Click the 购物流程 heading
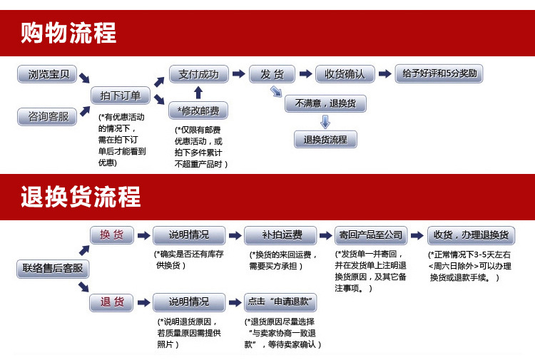pyautogui.click(x=68, y=33)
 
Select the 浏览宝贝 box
pyautogui.click(x=48, y=74)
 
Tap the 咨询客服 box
pyautogui.click(x=48, y=116)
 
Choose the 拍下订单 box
pyautogui.click(x=121, y=96)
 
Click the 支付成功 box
pyautogui.click(x=198, y=74)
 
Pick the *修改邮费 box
pyautogui.click(x=198, y=110)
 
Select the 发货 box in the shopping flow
pyautogui.click(x=272, y=74)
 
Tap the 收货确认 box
pyautogui.click(x=345, y=74)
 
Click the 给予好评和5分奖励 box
pyautogui.click(x=439, y=74)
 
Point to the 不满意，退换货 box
pyautogui.click(x=325, y=104)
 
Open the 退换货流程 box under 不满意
pyautogui.click(x=325, y=140)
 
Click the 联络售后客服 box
pyautogui.click(x=53, y=269)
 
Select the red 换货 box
pyautogui.click(x=111, y=235)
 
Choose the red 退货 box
pyautogui.click(x=111, y=302)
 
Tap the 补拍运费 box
pyautogui.click(x=280, y=235)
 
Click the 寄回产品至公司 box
pyautogui.click(x=371, y=235)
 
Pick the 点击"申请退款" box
pyautogui.click(x=280, y=302)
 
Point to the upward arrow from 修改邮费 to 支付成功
pyautogui.click(x=198, y=92)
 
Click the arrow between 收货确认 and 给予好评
pyautogui.click(x=384, y=74)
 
